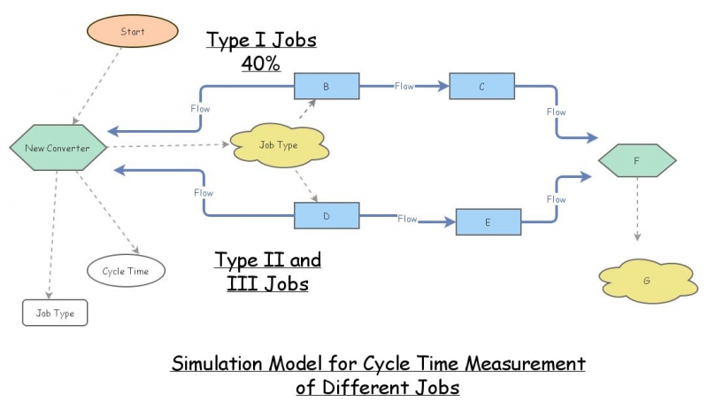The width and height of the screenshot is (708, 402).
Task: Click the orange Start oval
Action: pyautogui.click(x=132, y=32)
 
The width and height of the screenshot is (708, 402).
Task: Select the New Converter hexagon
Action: pyautogui.click(x=58, y=148)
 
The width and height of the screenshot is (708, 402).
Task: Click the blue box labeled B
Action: pyautogui.click(x=326, y=87)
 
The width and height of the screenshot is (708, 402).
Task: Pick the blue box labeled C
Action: pyautogui.click(x=481, y=87)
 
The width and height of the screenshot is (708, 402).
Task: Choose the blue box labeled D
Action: pyautogui.click(x=326, y=215)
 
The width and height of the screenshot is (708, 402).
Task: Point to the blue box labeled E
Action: pyautogui.click(x=489, y=222)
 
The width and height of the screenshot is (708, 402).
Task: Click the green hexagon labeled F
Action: pyautogui.click(x=637, y=161)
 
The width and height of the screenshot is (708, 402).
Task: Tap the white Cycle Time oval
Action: pyautogui.click(x=126, y=271)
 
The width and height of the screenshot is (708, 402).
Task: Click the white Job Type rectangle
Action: pyautogui.click(x=55, y=313)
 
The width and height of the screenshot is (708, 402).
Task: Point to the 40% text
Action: pyautogui.click(x=261, y=64)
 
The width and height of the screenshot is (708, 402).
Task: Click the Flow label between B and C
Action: pyautogui.click(x=404, y=87)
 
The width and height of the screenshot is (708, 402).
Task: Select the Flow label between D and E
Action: pyautogui.click(x=407, y=219)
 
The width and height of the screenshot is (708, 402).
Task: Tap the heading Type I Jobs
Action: pyautogui.click(x=261, y=40)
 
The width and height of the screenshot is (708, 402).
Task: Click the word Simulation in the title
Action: pyautogui.click(x=217, y=364)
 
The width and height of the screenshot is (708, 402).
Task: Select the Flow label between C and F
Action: pyautogui.click(x=556, y=112)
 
